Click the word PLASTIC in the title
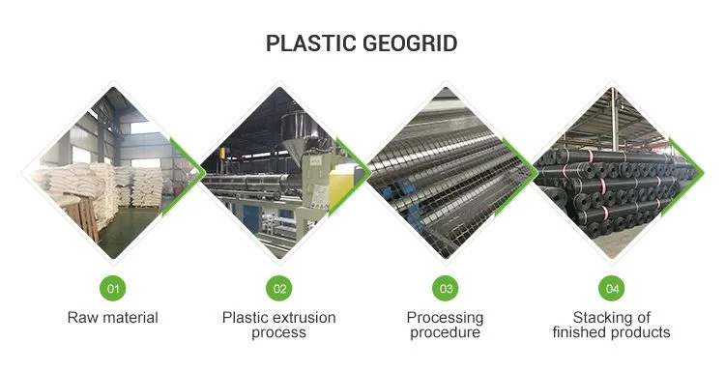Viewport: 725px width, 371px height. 311,43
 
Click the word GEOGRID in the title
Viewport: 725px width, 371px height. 410,43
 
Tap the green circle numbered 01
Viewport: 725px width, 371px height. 113,288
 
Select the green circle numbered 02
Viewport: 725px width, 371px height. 279,288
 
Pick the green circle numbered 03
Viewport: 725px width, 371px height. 446,288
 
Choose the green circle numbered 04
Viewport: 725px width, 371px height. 612,288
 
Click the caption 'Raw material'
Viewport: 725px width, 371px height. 113,318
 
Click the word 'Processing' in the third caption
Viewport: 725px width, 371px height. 446,319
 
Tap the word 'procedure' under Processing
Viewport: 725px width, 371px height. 446,333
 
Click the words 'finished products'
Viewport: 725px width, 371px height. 611,332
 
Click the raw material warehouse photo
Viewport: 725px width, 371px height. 113,173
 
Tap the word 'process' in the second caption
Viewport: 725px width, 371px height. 278,333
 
